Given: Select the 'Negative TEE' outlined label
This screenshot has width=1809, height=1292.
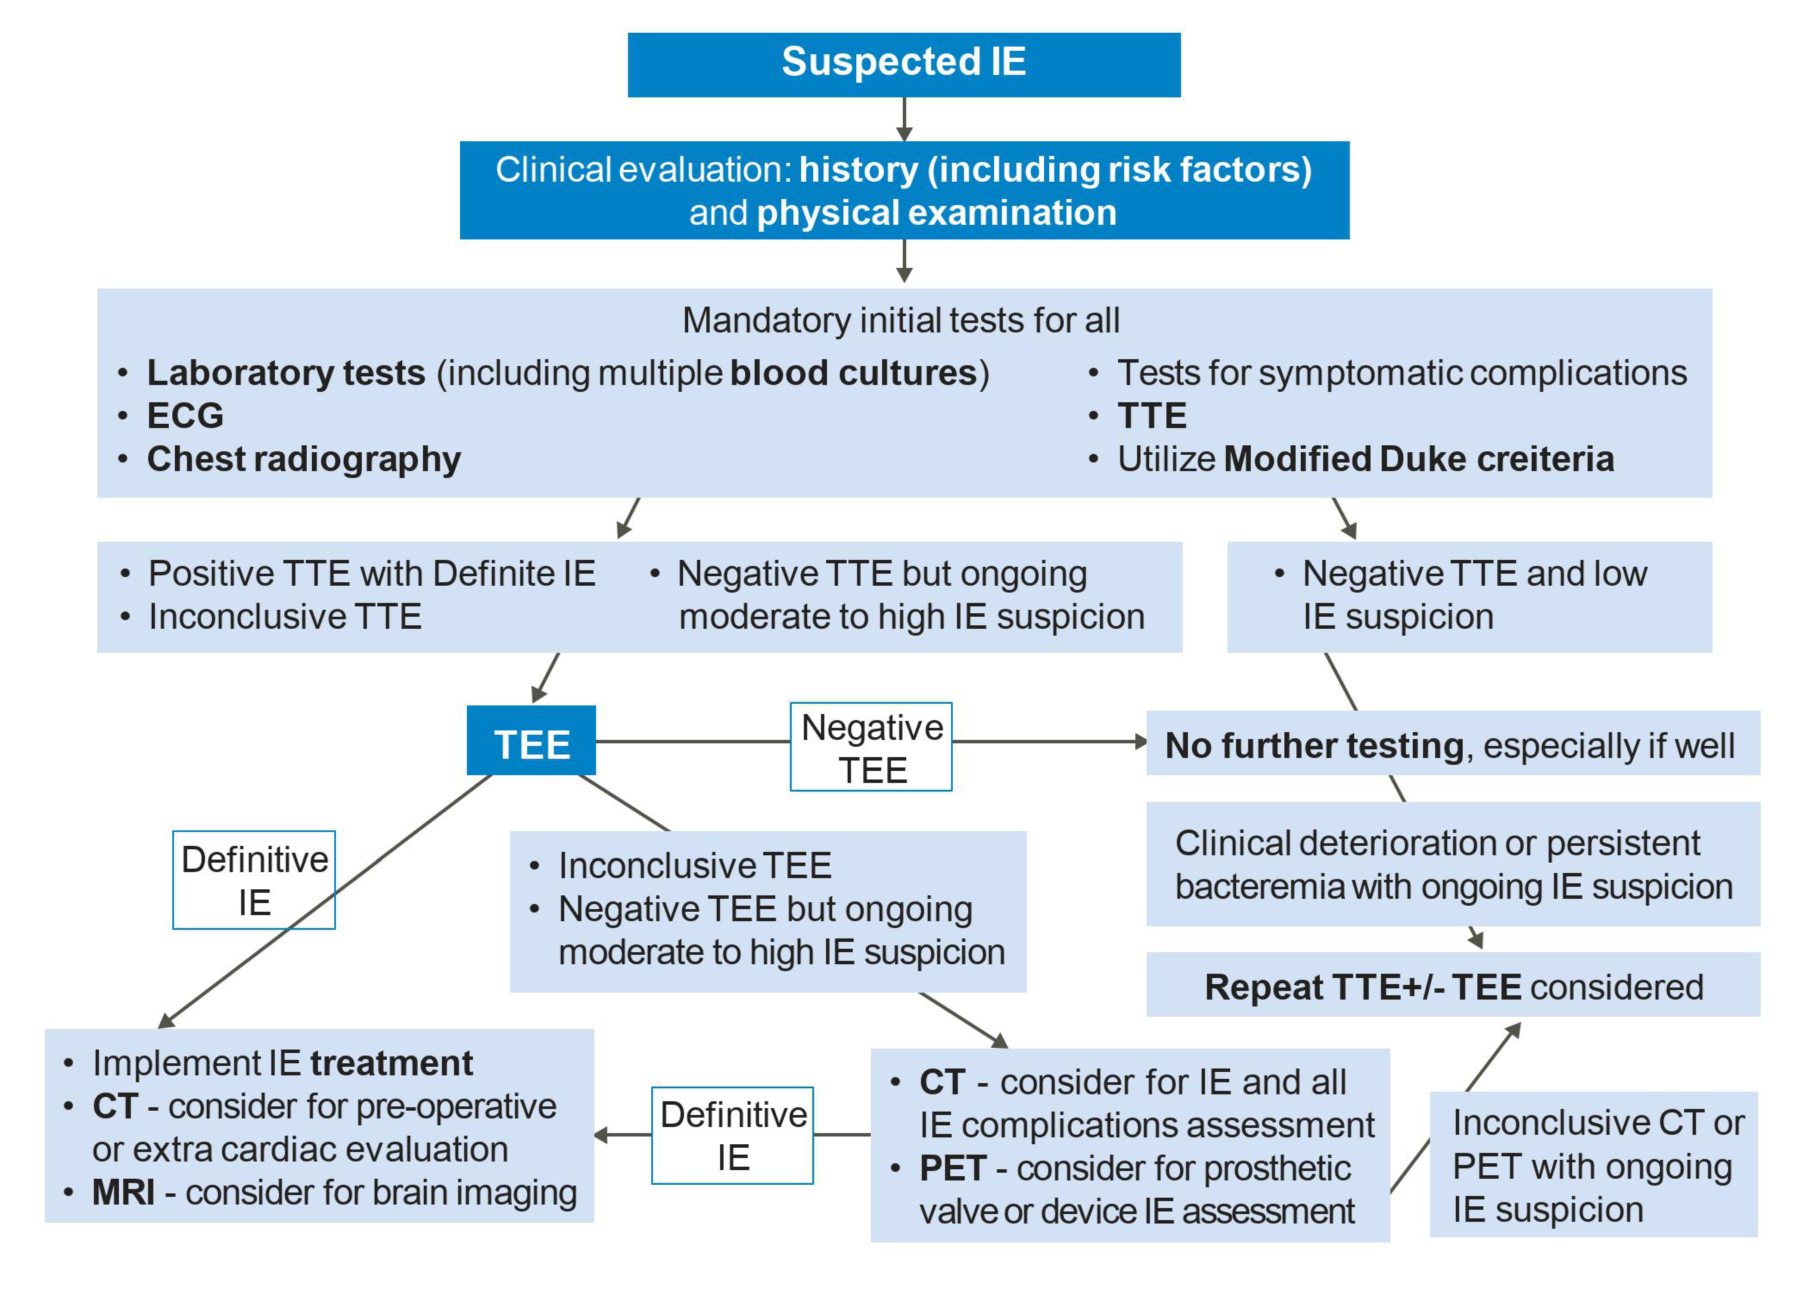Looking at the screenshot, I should pos(870,747).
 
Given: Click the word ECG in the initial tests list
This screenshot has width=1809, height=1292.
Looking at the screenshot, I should pos(185,415).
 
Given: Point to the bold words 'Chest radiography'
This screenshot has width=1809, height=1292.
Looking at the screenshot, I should pos(304,459).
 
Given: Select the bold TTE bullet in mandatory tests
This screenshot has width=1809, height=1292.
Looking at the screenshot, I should pos(1151,415).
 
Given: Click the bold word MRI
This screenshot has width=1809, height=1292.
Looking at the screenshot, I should pos(123,1192).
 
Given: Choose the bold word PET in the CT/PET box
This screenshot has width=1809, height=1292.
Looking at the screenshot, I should pos(952,1168).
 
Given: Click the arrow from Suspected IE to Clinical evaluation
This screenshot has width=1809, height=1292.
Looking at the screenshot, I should pos(904,119).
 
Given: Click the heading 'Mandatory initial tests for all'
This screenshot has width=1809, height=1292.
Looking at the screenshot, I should pos(901,320).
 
